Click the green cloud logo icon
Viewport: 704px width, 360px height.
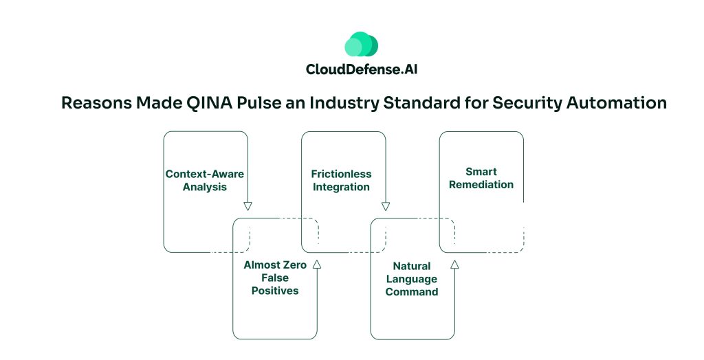[x=361, y=45]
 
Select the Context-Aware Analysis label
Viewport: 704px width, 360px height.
[x=205, y=180]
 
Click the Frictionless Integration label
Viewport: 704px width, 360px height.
[x=341, y=180]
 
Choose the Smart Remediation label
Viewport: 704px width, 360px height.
[x=481, y=178]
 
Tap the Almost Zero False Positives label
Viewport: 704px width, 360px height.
[x=274, y=278]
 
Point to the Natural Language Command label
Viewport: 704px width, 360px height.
[x=411, y=278]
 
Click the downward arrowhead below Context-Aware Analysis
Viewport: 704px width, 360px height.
[x=248, y=206]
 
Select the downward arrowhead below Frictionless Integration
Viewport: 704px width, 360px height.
[x=386, y=206]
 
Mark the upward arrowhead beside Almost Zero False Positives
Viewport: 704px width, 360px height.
[x=316, y=264]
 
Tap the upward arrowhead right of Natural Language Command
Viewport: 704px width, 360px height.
[x=454, y=264]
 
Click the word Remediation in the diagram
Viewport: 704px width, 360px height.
[x=481, y=184]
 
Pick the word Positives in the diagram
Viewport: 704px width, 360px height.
[x=274, y=291]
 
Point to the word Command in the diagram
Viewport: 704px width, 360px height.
[x=411, y=291]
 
